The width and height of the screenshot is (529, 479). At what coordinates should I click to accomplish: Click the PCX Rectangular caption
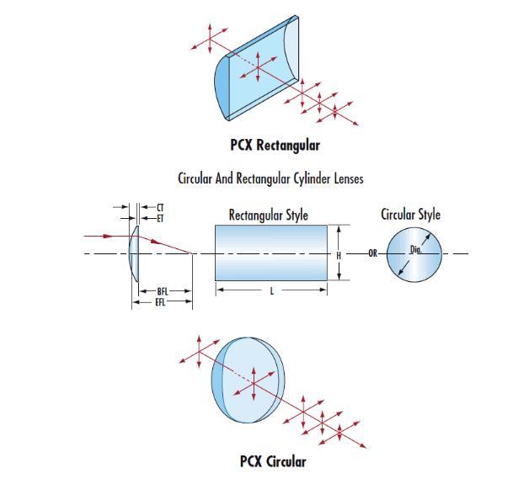point(275,145)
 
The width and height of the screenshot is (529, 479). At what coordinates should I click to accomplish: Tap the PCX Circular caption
point(273,461)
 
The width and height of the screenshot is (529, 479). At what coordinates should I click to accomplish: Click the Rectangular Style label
point(268,215)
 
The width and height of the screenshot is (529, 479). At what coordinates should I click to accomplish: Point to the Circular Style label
point(411,215)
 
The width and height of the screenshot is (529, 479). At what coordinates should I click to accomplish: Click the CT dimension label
point(160,207)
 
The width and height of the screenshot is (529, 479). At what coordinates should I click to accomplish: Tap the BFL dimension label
point(163,291)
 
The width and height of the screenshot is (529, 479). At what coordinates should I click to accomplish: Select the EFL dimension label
point(162,301)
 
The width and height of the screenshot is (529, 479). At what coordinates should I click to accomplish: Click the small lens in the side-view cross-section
point(134,253)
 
